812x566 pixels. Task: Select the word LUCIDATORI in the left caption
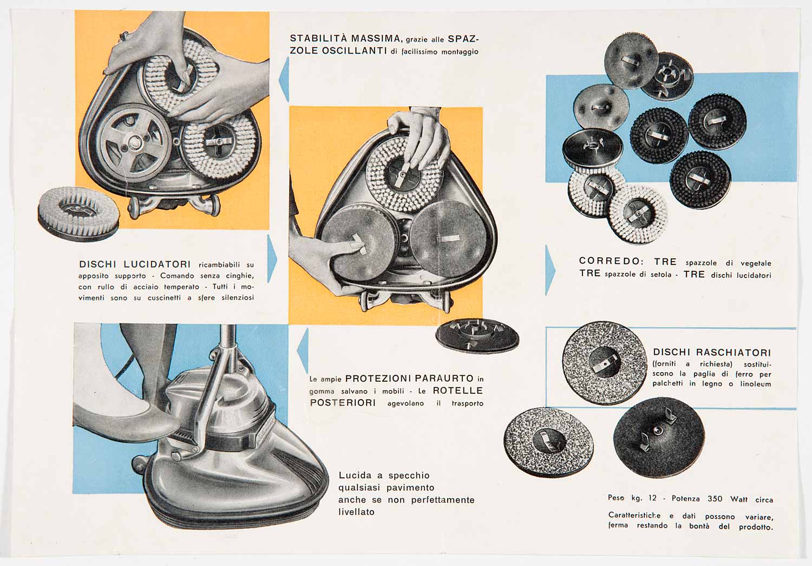tap(157, 264)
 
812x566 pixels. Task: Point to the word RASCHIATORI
tap(734, 352)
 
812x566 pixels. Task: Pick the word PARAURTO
tap(444, 379)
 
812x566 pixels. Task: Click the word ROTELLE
tap(458, 391)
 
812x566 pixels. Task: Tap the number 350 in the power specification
tap(715, 498)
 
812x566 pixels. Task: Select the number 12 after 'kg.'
tap(652, 498)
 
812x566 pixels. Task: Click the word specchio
tap(409, 476)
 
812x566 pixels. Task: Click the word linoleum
tap(756, 383)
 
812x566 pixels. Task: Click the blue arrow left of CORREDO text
tap(550, 270)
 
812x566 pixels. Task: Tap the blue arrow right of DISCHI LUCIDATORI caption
tap(272, 258)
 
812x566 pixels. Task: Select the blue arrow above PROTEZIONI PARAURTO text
tap(303, 350)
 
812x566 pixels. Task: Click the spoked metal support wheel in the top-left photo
tap(135, 143)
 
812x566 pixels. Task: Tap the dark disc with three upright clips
tap(659, 437)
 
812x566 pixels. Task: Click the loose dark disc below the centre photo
tap(477, 336)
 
